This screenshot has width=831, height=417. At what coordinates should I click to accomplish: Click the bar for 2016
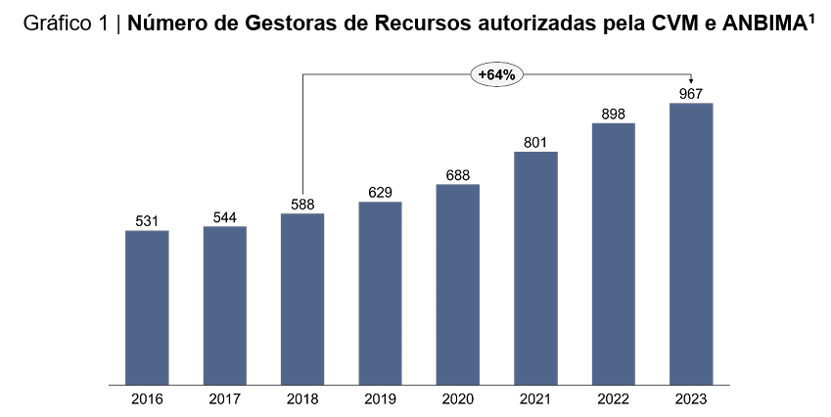pyautogui.click(x=147, y=307)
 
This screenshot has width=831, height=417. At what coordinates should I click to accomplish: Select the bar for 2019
pyautogui.click(x=380, y=293)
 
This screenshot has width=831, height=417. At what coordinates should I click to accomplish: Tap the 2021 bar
pyautogui.click(x=535, y=268)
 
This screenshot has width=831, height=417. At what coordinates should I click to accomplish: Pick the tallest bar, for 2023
pyautogui.click(x=691, y=244)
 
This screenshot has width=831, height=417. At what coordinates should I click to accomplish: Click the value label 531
pyautogui.click(x=147, y=221)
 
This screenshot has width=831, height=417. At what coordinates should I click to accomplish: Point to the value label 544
pyautogui.click(x=225, y=217)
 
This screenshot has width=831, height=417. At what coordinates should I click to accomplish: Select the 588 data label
pyautogui.click(x=302, y=204)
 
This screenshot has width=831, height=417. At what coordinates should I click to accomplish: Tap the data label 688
pyautogui.click(x=458, y=175)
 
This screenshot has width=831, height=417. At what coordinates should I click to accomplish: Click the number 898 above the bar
pyautogui.click(x=613, y=114)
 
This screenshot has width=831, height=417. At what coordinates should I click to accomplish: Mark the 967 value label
pyautogui.click(x=691, y=94)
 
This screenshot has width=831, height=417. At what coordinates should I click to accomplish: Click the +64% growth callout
pyautogui.click(x=496, y=74)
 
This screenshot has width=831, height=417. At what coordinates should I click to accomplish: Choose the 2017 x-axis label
pyautogui.click(x=225, y=399)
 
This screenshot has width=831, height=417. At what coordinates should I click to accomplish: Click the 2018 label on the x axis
pyautogui.click(x=302, y=399)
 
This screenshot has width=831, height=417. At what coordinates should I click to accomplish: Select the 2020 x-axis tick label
pyautogui.click(x=458, y=399)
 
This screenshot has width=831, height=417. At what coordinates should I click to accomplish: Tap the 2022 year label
pyautogui.click(x=613, y=399)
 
